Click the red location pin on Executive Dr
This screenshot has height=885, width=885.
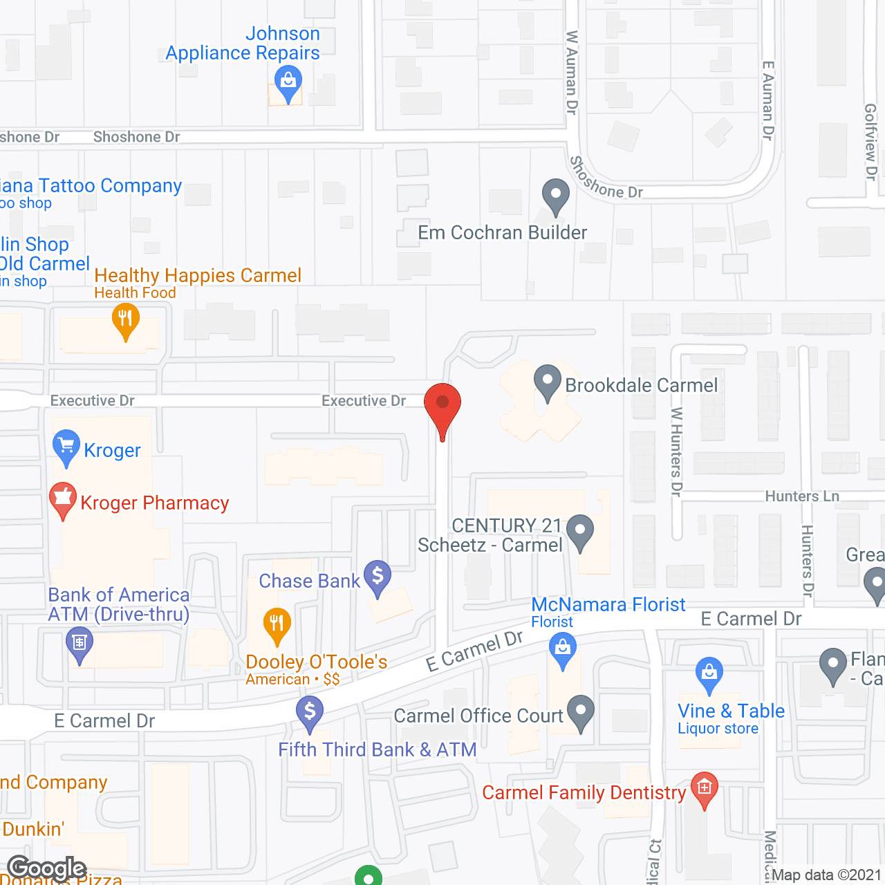pos(442,404)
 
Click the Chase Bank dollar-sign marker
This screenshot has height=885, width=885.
pos(378,575)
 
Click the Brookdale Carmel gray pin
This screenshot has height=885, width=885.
pos(548,381)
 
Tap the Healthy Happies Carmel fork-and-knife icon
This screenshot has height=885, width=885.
pos(125,319)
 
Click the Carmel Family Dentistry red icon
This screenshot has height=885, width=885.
pos(705,788)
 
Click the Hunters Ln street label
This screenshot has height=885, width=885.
pos(802,496)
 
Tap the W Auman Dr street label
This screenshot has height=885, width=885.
pos(572,72)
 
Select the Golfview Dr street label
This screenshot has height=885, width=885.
pos(870,142)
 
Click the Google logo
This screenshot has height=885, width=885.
pos(47,868)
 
